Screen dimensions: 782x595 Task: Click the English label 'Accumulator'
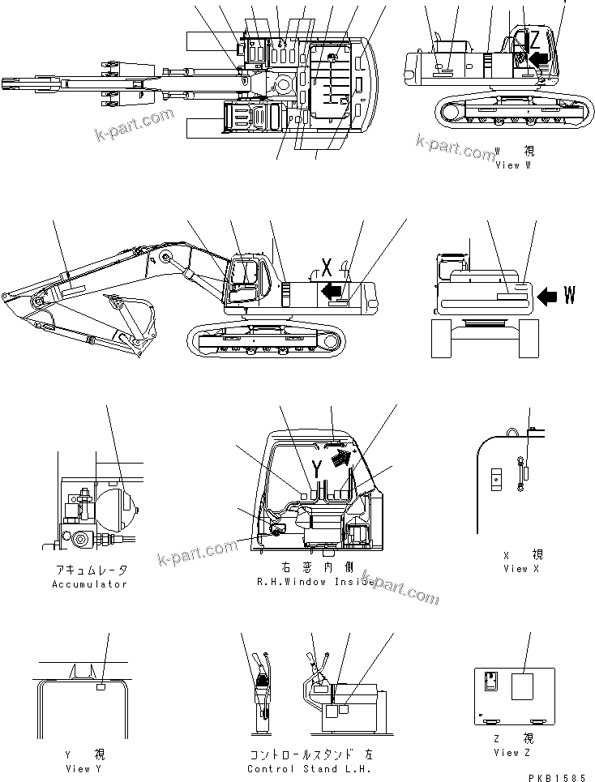click(89, 583)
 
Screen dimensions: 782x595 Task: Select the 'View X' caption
click(516, 568)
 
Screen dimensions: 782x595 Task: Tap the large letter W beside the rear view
click(570, 296)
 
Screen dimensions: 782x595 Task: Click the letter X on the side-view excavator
click(327, 266)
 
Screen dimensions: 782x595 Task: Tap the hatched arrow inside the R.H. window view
click(344, 459)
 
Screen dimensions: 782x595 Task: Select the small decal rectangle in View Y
click(101, 686)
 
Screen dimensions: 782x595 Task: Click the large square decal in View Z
click(523, 688)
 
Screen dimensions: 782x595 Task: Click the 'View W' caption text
click(512, 165)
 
